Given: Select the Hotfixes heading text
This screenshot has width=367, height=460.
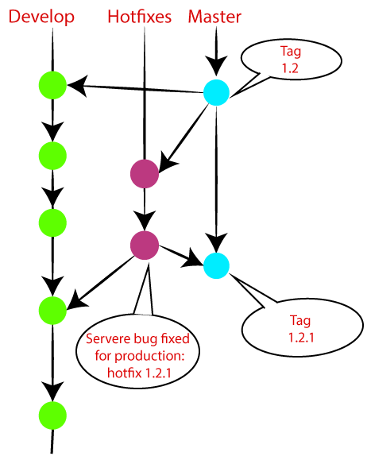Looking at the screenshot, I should pos(141,17).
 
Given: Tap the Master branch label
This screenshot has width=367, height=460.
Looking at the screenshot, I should pos(214,17).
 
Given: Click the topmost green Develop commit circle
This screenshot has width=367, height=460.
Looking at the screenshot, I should pos(52,83).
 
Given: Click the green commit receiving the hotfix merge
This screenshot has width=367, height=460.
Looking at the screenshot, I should pos(52,308).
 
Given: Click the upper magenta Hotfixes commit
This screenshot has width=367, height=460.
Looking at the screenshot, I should pos(144,174).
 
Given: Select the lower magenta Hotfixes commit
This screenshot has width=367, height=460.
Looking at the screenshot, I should pos(144,245).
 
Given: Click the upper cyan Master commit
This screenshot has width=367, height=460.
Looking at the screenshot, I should pos(215,92).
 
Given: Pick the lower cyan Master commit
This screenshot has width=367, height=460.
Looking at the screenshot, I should pos(215,265).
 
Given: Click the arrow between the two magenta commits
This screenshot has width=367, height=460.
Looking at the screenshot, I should pos(144,210).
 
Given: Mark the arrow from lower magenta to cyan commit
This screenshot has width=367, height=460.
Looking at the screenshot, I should pos(180,255).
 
